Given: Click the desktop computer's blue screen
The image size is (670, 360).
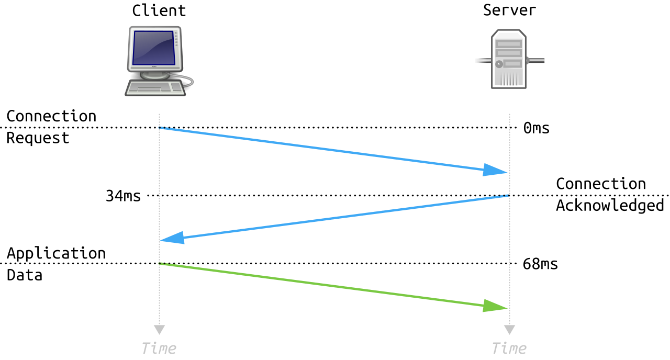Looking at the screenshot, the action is point(153,48).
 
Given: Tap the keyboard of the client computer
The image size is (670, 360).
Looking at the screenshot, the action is point(155,88).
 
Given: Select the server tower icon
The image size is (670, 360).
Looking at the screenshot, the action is point(508,59).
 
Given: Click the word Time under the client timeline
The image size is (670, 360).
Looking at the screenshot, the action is point(159,348).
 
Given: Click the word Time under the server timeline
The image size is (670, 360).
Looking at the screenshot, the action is point(509,348).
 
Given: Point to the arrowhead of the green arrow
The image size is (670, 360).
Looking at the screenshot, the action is point(495,306).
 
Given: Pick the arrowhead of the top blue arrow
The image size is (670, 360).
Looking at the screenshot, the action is point(495,170).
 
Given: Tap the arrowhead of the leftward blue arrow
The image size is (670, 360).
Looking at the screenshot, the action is point(172,238).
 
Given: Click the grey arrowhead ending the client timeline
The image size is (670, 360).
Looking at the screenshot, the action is point(159,330).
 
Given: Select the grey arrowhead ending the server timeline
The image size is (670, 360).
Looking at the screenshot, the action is point(509,330).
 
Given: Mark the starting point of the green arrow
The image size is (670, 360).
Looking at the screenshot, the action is point(160,264).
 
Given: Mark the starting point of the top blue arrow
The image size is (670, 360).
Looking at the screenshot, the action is point(160,128).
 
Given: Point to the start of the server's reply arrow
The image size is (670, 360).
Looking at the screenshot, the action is point(507,196).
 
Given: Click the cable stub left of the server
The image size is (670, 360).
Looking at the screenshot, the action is point(482,61).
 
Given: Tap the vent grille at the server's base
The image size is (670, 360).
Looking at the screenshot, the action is point(508,78).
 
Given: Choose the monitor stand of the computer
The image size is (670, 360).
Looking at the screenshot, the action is point(155,74).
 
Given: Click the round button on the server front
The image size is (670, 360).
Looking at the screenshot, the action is point(499,64).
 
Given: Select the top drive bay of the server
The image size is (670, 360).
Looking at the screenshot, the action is point(508,44).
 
